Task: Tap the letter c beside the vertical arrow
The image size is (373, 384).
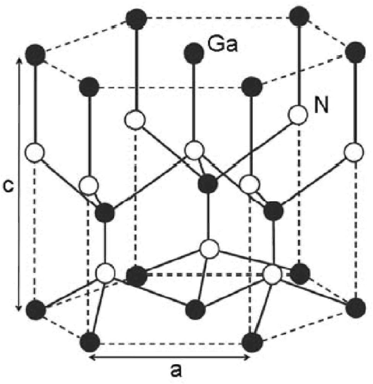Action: pos(9,186)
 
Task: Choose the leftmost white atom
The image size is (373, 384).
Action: pos(35,152)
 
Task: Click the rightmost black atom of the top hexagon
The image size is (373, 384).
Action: pos(354,53)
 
